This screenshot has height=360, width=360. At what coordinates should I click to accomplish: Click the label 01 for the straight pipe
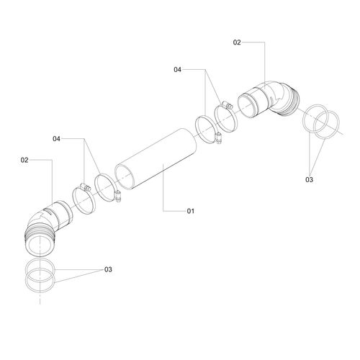[190, 211]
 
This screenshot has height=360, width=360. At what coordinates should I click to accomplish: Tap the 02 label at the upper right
[237, 42]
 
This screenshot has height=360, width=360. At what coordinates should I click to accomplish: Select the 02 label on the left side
[24, 160]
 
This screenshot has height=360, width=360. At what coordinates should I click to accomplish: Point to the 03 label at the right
[309, 179]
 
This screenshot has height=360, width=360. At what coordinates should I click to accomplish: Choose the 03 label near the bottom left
[108, 269]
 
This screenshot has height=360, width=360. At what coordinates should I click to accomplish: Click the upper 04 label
[177, 70]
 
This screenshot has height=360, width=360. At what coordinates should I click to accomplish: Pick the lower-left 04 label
[56, 139]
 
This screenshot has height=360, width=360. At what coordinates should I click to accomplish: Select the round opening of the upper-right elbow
[248, 106]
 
